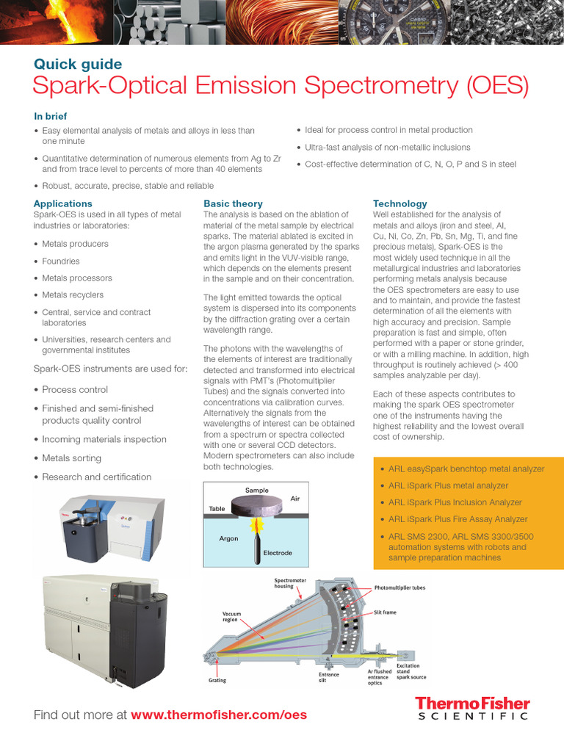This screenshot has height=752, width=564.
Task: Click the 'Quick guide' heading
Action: click(78, 64)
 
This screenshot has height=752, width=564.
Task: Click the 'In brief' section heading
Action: click(54, 115)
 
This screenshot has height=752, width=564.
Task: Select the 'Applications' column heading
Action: click(63, 203)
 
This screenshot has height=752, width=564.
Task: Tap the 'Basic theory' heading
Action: click(233, 203)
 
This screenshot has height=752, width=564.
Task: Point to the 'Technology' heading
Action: click(399, 203)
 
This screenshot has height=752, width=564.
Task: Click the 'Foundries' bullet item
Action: click(61, 261)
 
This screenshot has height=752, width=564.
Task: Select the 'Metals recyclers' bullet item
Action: click(73, 294)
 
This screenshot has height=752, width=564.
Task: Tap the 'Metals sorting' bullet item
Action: click(71, 458)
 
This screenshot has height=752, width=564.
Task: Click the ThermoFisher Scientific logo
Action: click(471, 709)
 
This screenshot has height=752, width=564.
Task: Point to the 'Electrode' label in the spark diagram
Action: click(277, 552)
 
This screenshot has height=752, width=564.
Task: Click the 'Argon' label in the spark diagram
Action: click(228, 538)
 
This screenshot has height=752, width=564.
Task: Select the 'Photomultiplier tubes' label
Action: click(399, 587)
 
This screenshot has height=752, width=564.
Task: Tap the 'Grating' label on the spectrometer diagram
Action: click(217, 680)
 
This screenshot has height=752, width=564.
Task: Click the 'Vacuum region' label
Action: click(231, 615)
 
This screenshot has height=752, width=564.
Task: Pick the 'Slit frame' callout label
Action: click(385, 612)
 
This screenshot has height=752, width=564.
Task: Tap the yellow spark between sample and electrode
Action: click(258, 526)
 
